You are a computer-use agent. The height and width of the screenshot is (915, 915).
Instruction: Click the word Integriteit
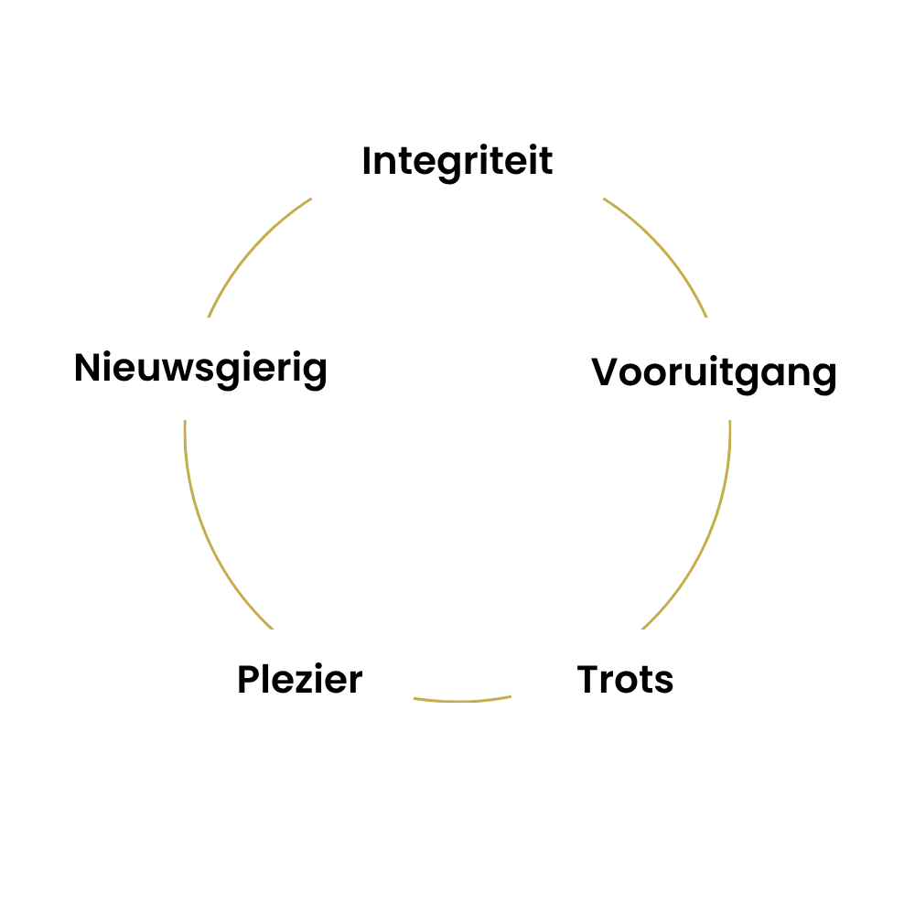pos(457,162)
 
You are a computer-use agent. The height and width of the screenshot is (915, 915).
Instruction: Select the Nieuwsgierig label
pos(200,369)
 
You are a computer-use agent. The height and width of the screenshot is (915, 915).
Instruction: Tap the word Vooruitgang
pos(714,373)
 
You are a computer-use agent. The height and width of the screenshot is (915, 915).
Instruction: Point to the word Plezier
pos(300,679)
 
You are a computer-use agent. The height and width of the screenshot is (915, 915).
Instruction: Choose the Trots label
pos(625,680)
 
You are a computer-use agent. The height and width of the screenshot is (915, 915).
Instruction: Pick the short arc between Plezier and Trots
pos(462,700)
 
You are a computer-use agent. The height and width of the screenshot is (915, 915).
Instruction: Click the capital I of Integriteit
pos(367,160)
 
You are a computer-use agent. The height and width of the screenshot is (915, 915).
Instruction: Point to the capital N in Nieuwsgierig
pos(88,367)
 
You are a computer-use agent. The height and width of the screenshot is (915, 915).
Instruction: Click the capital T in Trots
pos(588,679)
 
